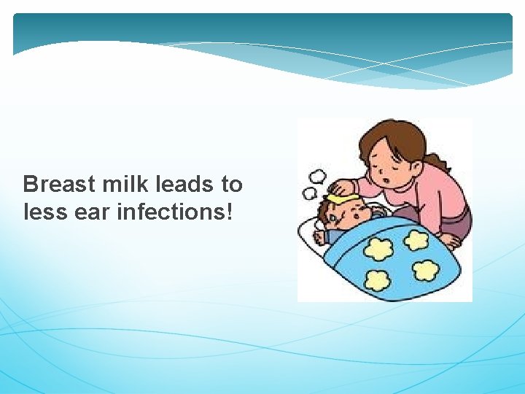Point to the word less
tap(44, 212)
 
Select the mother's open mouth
tap(381, 175)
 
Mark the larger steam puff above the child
tap(319, 177)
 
